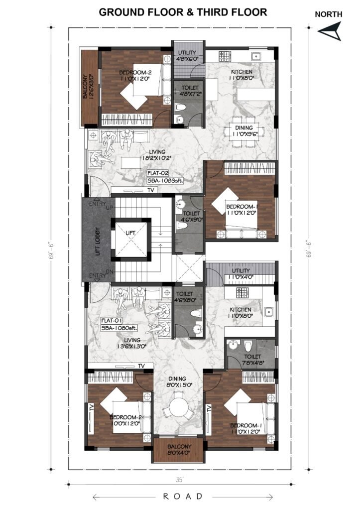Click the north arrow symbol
[330, 31]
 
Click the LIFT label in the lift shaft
[130, 233]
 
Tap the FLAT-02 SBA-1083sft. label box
[165, 177]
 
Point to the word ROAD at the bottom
[183, 497]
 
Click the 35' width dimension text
[179, 480]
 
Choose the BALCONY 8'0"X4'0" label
[179, 450]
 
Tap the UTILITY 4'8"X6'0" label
[187, 56]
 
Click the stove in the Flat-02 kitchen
[225, 56]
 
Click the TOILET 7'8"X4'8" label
[252, 360]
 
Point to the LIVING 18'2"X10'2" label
[157, 155]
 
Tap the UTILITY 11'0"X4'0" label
[241, 274]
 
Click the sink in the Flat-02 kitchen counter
[256, 57]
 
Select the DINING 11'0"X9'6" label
[244, 131]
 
